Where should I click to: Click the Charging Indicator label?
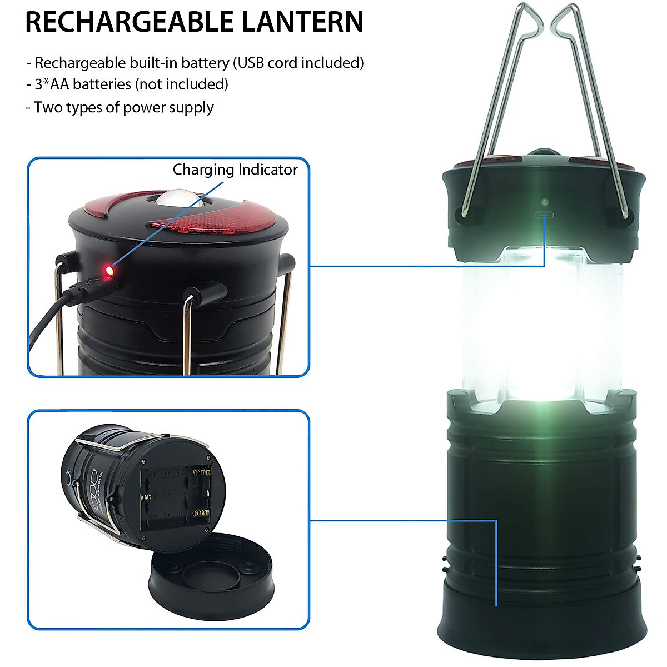click(235, 170)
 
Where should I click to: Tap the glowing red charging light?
click(109, 270)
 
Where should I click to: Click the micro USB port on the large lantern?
click(545, 215)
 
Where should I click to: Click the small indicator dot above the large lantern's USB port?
click(545, 200)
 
